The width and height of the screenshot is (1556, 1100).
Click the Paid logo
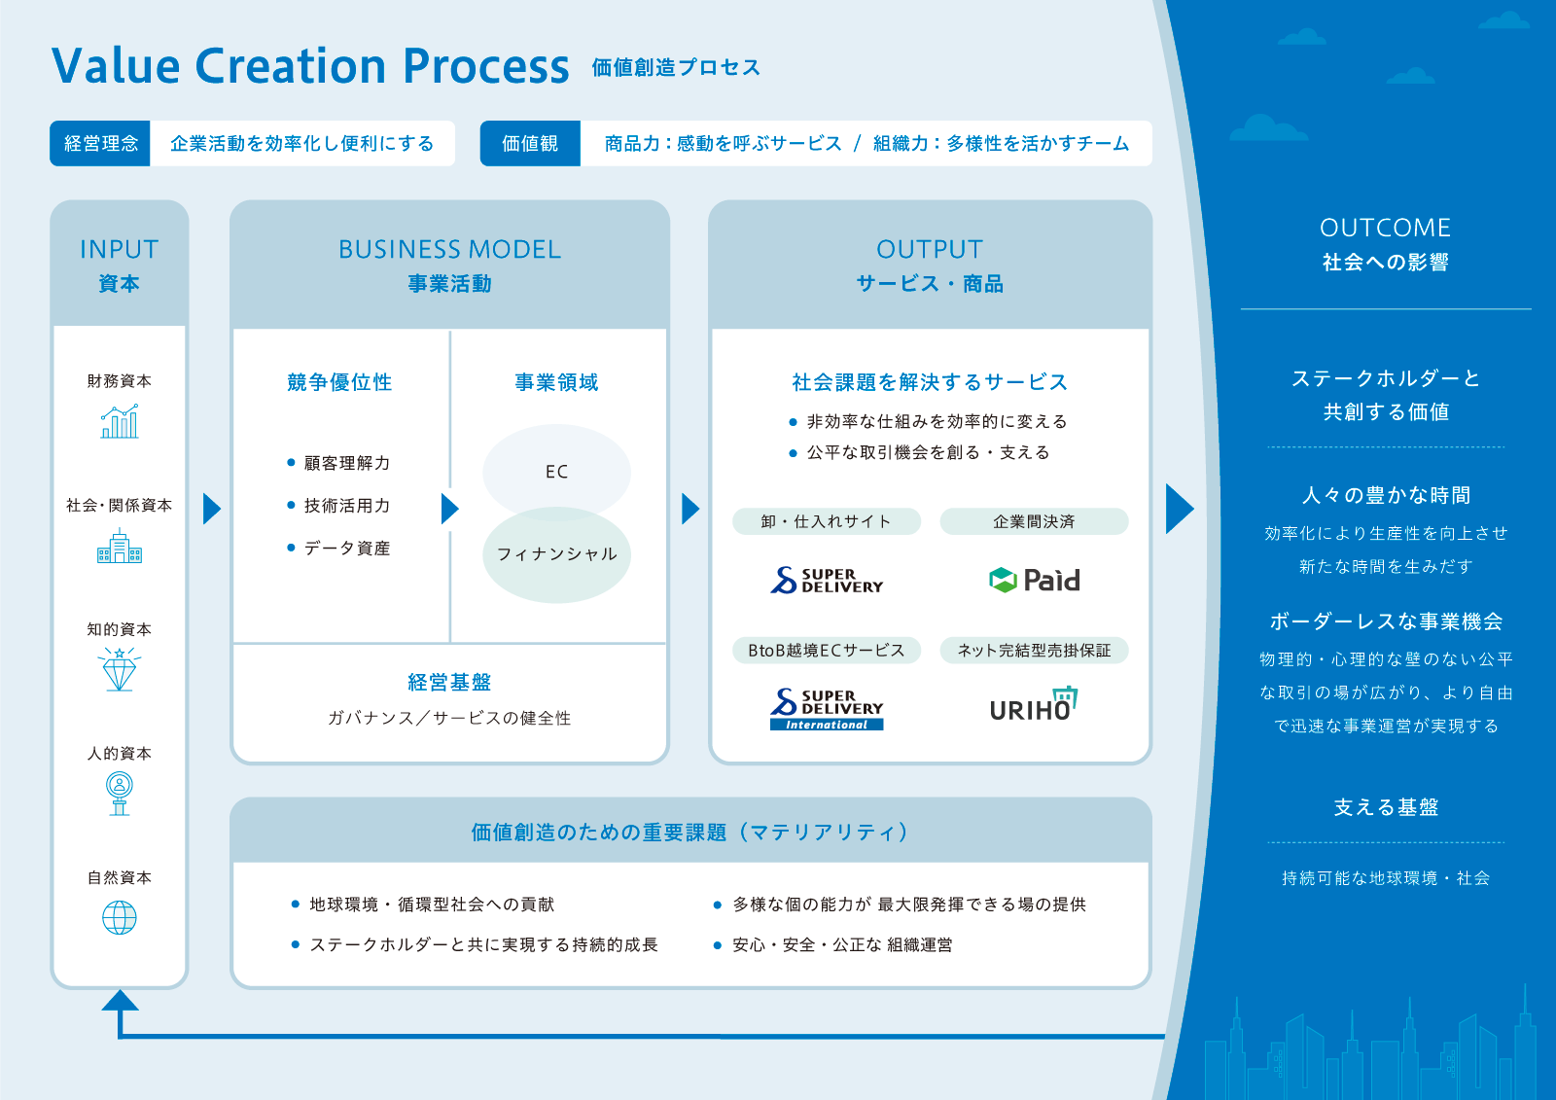pos(1034,581)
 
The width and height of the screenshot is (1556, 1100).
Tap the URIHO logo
pos(1034,705)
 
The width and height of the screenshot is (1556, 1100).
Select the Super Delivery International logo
pos(827,709)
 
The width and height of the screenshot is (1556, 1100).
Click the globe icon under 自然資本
pos(120,917)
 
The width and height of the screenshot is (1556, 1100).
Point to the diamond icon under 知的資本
pos(120,670)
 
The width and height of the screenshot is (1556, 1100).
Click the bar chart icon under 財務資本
pos(120,422)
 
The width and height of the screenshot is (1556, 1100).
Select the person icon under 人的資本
pos(120,794)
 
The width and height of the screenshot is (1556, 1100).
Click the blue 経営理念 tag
pos(100,144)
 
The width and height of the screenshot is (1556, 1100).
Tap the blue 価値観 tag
pos(530,144)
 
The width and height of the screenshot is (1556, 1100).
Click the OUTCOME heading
pos(1385,228)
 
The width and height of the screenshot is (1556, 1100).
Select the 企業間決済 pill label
pos(1034,521)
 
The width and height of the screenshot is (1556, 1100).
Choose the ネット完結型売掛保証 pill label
pos(1034,650)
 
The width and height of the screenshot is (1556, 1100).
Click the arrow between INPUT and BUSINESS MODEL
pos(211,509)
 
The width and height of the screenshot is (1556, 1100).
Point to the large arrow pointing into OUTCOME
pos(1178,509)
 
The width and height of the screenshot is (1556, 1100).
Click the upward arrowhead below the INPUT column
pos(120,1001)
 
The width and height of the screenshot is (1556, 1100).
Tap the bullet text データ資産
pos(346,549)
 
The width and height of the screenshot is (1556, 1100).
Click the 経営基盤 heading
pos(449,682)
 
